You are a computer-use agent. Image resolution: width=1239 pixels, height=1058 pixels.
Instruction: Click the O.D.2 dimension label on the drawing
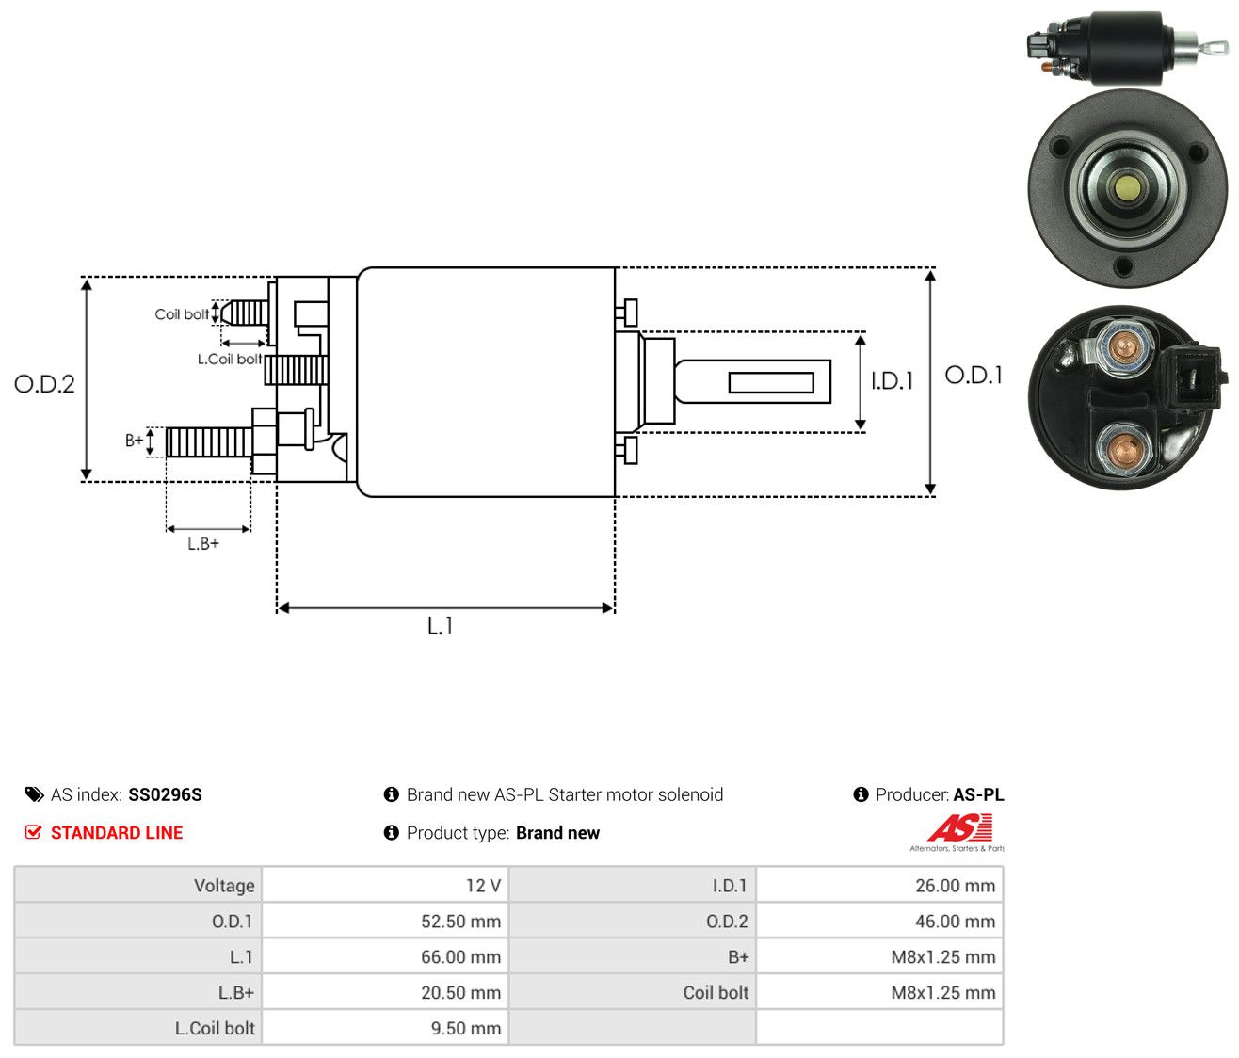click(x=44, y=384)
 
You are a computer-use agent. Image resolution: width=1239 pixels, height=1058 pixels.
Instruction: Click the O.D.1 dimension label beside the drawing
click(x=973, y=376)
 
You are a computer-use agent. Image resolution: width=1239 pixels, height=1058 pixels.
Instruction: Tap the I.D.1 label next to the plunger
click(x=892, y=380)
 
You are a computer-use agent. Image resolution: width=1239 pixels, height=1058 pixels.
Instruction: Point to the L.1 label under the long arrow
click(x=440, y=626)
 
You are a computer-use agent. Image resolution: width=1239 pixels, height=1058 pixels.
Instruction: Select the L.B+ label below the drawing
click(x=203, y=544)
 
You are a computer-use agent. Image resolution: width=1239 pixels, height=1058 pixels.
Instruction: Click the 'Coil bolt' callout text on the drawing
click(x=182, y=314)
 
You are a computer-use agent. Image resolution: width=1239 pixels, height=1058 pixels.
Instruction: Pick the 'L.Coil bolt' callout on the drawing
click(x=230, y=359)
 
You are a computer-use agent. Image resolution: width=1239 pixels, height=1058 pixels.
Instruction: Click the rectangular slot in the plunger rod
click(x=771, y=382)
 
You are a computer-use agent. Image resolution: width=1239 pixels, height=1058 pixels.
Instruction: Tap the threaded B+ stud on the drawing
click(x=209, y=441)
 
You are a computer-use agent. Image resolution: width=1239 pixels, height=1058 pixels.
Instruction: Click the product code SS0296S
click(x=165, y=794)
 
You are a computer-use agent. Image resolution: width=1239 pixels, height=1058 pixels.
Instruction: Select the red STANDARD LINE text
click(x=117, y=833)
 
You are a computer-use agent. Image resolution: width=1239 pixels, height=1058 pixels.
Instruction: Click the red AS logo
click(x=959, y=827)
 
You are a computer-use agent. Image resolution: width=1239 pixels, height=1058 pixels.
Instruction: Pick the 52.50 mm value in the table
click(x=460, y=922)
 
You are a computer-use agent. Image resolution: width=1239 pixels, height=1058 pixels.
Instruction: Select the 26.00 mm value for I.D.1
click(x=955, y=886)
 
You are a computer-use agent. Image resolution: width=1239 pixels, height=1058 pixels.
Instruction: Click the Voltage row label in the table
click(x=224, y=886)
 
